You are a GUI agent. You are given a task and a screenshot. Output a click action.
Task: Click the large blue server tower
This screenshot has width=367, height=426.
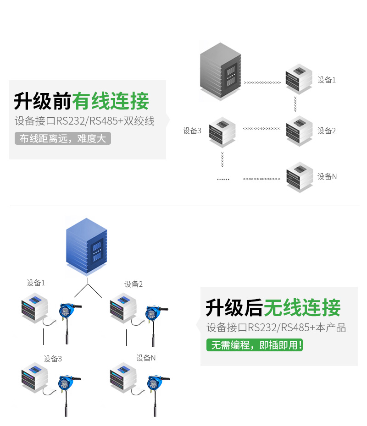click(87, 246)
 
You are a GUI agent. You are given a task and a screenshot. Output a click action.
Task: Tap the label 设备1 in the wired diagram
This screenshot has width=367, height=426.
click(327, 80)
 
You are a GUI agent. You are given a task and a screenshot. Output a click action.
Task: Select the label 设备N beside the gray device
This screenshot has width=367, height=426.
click(327, 176)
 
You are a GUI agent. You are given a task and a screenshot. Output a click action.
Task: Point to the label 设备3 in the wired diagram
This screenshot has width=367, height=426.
click(192, 131)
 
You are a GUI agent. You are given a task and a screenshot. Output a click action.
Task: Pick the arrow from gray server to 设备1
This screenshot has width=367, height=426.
click(262, 83)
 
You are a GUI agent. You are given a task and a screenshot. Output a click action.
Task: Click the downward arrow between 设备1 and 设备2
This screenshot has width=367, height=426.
click(295, 104)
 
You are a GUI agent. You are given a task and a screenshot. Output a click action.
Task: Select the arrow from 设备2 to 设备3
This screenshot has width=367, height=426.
click(261, 129)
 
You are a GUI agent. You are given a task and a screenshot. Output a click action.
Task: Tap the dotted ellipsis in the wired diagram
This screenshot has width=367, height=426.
click(223, 179)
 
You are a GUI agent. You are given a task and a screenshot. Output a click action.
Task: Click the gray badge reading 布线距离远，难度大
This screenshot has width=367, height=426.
click(63, 138)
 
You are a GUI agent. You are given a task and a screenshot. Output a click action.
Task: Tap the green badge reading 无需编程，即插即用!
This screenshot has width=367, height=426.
click(254, 345)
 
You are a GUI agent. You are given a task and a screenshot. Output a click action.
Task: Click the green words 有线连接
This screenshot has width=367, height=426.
click(111, 101)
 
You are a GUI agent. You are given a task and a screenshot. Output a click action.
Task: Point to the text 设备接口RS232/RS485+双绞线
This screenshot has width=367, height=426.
click(84, 121)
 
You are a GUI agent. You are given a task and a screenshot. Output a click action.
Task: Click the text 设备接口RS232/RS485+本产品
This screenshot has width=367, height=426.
click(276, 328)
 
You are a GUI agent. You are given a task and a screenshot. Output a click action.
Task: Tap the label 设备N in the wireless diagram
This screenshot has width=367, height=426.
click(146, 358)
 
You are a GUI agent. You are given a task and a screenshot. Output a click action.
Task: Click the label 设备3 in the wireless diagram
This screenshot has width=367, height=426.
click(53, 359)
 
